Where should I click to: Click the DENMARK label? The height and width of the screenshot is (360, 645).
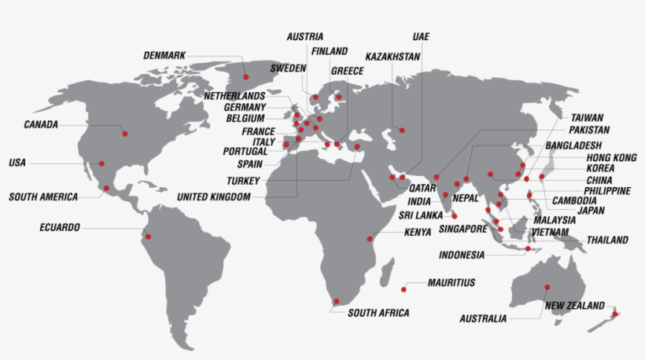(x=164, y=55)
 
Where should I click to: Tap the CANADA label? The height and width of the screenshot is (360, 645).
(x=41, y=124)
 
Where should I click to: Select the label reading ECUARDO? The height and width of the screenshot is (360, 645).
(x=60, y=228)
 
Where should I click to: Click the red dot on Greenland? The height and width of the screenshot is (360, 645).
(x=245, y=77)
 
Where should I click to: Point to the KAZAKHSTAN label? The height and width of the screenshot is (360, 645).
(x=393, y=57)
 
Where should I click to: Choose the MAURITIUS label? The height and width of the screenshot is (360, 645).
(x=451, y=282)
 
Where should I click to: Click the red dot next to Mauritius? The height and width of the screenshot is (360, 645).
(x=404, y=288)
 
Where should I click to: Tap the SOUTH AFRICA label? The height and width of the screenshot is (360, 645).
(x=378, y=313)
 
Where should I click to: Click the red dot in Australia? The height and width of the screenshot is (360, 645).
(x=547, y=287)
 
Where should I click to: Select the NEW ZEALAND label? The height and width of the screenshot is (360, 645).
(x=575, y=306)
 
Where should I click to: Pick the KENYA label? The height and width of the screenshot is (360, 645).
(x=418, y=233)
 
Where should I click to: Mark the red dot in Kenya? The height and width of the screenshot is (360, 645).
(x=369, y=238)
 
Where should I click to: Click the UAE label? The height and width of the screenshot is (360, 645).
(x=421, y=36)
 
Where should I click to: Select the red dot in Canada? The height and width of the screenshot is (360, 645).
(x=124, y=134)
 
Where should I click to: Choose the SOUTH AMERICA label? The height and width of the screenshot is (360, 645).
(x=43, y=197)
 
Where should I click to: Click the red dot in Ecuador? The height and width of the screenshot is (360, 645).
(x=146, y=236)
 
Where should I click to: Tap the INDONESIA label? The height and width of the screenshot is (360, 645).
(x=462, y=255)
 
